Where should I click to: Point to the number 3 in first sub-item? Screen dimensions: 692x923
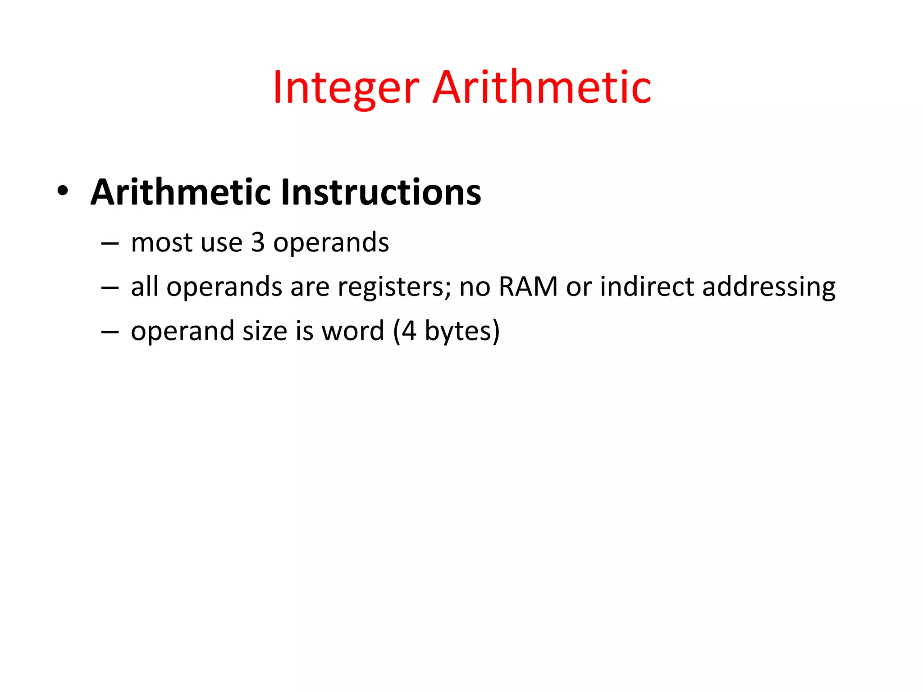257,242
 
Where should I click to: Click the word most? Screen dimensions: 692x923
161,242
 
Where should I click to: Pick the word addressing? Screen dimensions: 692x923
769,287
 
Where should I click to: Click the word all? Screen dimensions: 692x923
144,287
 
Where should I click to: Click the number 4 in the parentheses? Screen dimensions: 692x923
409,331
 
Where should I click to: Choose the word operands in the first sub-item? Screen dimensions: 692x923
331,243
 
